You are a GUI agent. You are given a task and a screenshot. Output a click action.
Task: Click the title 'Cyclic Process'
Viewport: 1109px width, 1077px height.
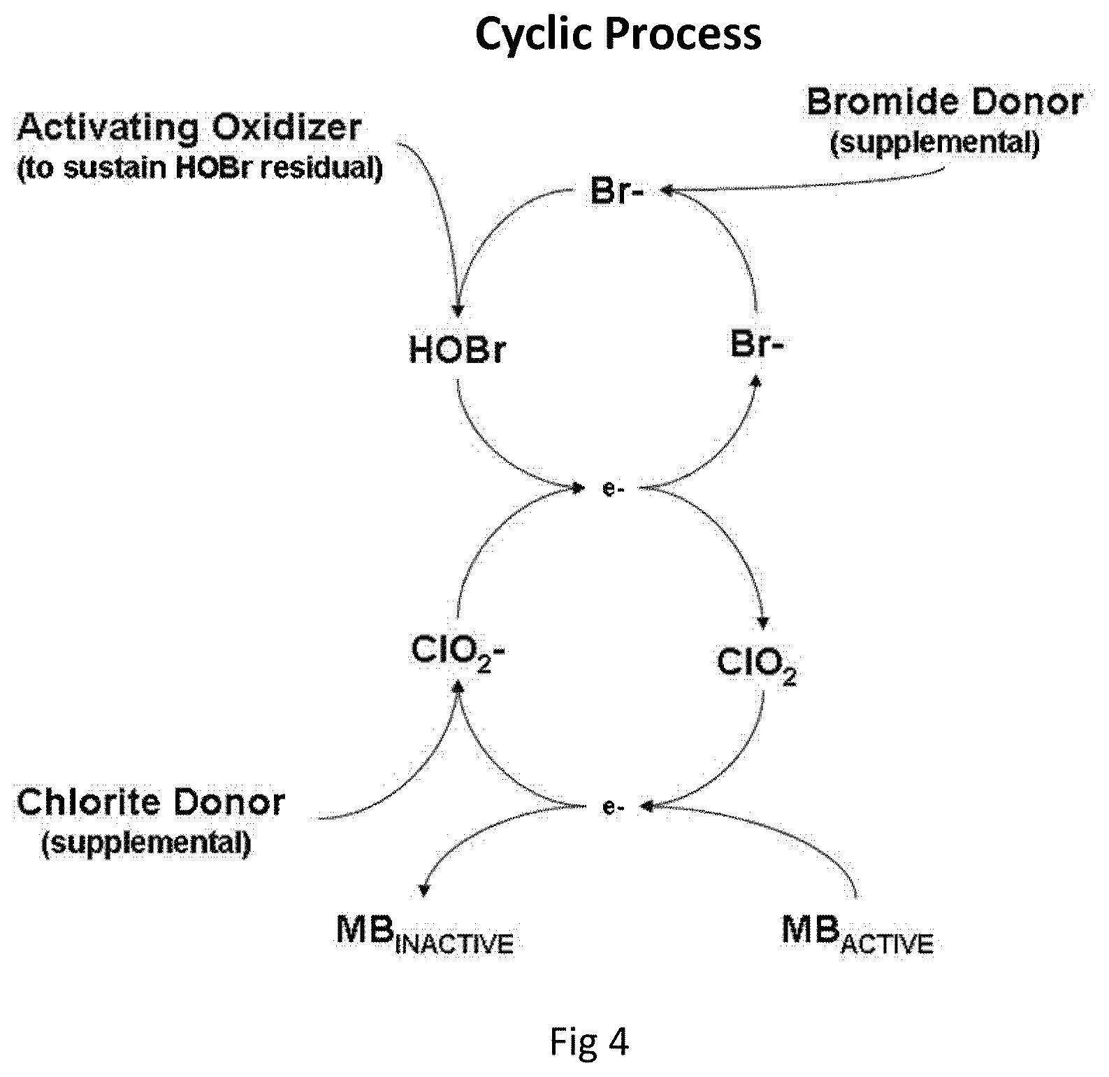(618, 34)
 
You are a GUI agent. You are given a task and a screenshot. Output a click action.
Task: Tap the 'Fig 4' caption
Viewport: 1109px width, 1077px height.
(589, 1041)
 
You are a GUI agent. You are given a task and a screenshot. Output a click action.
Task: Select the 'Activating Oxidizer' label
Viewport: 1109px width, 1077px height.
(189, 129)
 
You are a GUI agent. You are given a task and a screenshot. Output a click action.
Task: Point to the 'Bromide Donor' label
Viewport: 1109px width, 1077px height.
(945, 102)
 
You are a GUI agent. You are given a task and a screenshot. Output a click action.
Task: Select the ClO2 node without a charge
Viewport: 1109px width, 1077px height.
(757, 664)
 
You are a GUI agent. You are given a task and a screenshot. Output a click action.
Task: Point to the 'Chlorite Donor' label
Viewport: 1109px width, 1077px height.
(151, 802)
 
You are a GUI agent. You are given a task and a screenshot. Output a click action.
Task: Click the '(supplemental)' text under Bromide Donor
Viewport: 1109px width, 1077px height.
(935, 143)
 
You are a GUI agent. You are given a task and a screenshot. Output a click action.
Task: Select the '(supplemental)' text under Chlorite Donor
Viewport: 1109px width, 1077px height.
(146, 843)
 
